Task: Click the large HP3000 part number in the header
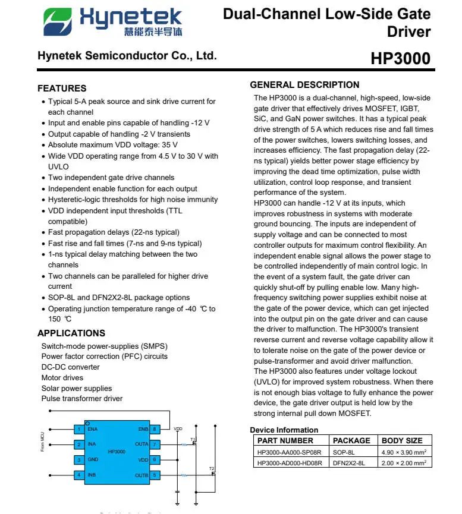pos(400,59)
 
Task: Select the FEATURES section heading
pos(62,89)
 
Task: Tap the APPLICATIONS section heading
pos(71,333)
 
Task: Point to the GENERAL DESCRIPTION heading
pos(304,85)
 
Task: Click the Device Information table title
pos(284,430)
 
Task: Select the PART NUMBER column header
pos(285,441)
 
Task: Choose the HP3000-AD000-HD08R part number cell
pos(290,463)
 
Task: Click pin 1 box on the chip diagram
pos(78,429)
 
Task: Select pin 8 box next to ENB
pos(155,429)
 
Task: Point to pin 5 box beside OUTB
pos(155,475)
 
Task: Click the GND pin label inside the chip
pos(93,460)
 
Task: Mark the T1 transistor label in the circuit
pos(193,440)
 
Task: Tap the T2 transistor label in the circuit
pos(211,469)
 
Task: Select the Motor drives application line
pos(62,378)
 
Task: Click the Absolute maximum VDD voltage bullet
pos(112,145)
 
